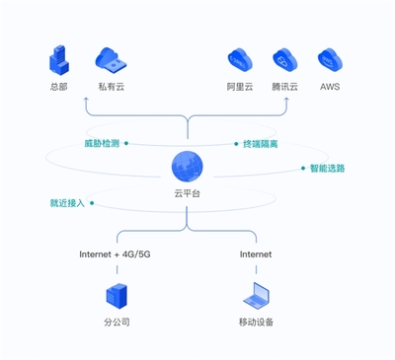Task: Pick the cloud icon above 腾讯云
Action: tap(284, 60)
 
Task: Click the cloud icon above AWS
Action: tap(330, 60)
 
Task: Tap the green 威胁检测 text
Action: tap(102, 143)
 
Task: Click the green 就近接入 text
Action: tap(67, 203)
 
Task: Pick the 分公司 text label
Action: tap(117, 323)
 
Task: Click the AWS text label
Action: tap(330, 87)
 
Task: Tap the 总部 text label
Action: tap(60, 87)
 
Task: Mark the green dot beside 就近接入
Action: tap(92, 203)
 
